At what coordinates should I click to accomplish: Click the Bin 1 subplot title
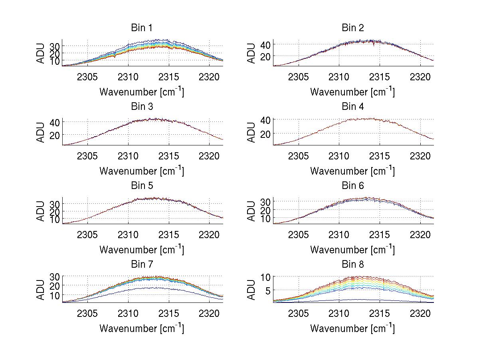pyautogui.click(x=142, y=28)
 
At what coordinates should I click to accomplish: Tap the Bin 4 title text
pyautogui.click(x=353, y=107)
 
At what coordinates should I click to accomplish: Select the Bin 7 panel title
pyautogui.click(x=142, y=265)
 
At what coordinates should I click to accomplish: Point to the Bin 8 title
pyautogui.click(x=353, y=265)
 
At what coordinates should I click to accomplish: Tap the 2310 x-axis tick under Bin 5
pyautogui.click(x=128, y=234)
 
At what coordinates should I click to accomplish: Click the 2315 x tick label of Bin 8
pyautogui.click(x=380, y=313)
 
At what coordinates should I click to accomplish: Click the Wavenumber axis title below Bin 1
pyautogui.click(x=142, y=91)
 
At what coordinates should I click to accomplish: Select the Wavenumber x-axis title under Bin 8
pyautogui.click(x=353, y=328)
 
